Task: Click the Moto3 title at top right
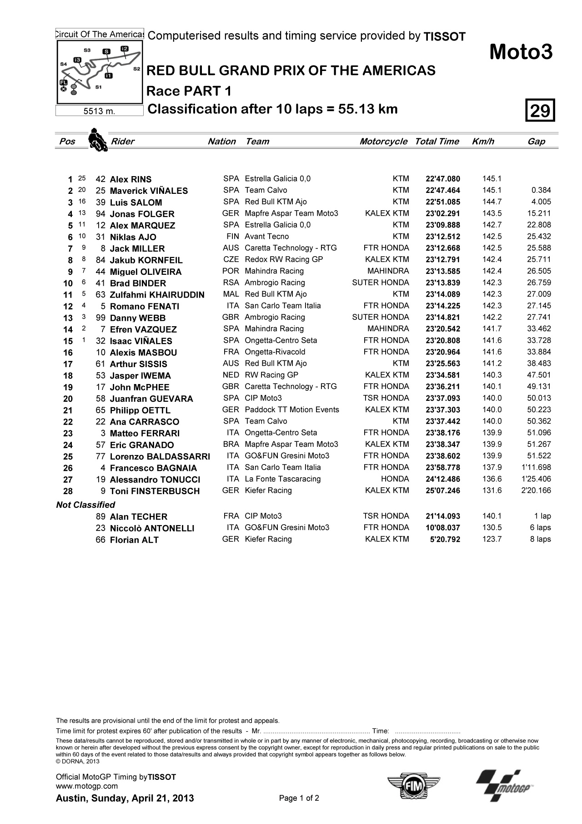click(521, 52)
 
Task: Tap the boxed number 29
click(540, 111)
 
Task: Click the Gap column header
click(536, 142)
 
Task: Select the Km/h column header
click(483, 142)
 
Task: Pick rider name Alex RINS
click(130, 179)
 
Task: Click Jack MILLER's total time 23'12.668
click(443, 248)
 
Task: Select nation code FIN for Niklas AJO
click(232, 237)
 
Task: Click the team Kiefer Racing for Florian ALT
click(268, 539)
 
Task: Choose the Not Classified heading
click(85, 505)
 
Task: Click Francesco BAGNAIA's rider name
click(153, 468)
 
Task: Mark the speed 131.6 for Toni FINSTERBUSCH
click(492, 490)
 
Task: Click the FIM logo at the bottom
click(414, 784)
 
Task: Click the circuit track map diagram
click(99, 72)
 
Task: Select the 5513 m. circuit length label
click(99, 111)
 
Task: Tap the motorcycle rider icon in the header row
click(97, 139)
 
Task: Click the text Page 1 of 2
click(299, 798)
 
